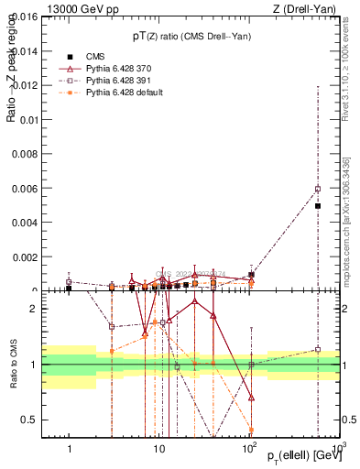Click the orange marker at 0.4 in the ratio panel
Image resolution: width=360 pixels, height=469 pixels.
click(x=251, y=430)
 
